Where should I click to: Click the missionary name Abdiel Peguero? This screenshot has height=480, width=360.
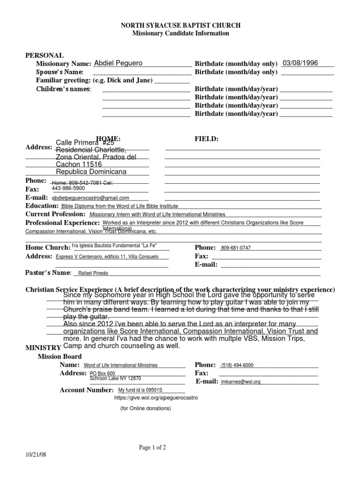[x=118, y=63]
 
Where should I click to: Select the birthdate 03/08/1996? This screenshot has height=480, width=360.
[x=300, y=63]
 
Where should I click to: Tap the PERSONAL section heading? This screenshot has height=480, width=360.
[x=44, y=55]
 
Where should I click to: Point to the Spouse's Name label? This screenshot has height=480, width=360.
[x=60, y=72]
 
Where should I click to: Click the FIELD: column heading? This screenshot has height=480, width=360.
[x=206, y=139]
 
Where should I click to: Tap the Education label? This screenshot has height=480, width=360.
[x=42, y=206]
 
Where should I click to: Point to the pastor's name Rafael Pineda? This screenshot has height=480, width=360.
[x=92, y=273]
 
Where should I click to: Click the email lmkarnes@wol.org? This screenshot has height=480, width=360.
[x=240, y=382]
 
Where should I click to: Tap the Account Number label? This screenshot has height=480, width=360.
[x=87, y=390]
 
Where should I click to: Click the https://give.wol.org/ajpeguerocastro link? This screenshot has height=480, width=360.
[x=156, y=397]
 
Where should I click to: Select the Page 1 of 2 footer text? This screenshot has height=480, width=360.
[x=152, y=448]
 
